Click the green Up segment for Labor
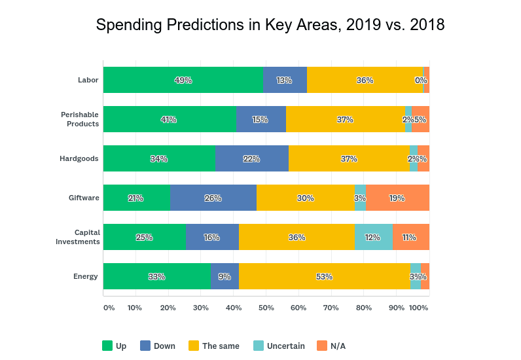[183, 80]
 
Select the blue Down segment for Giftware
[213, 198]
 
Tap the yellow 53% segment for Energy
[325, 276]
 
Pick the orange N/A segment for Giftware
[397, 198]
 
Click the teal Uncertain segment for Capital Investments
[373, 237]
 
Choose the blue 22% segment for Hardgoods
[252, 158]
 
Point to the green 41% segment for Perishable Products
[170, 119]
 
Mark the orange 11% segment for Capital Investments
[410, 237]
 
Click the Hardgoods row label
[80, 158]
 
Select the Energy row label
[85, 276]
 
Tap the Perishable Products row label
[80, 119]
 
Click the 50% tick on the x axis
[266, 307]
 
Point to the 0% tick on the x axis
[109, 307]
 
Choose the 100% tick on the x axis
[419, 307]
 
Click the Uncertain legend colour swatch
[258, 346]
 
